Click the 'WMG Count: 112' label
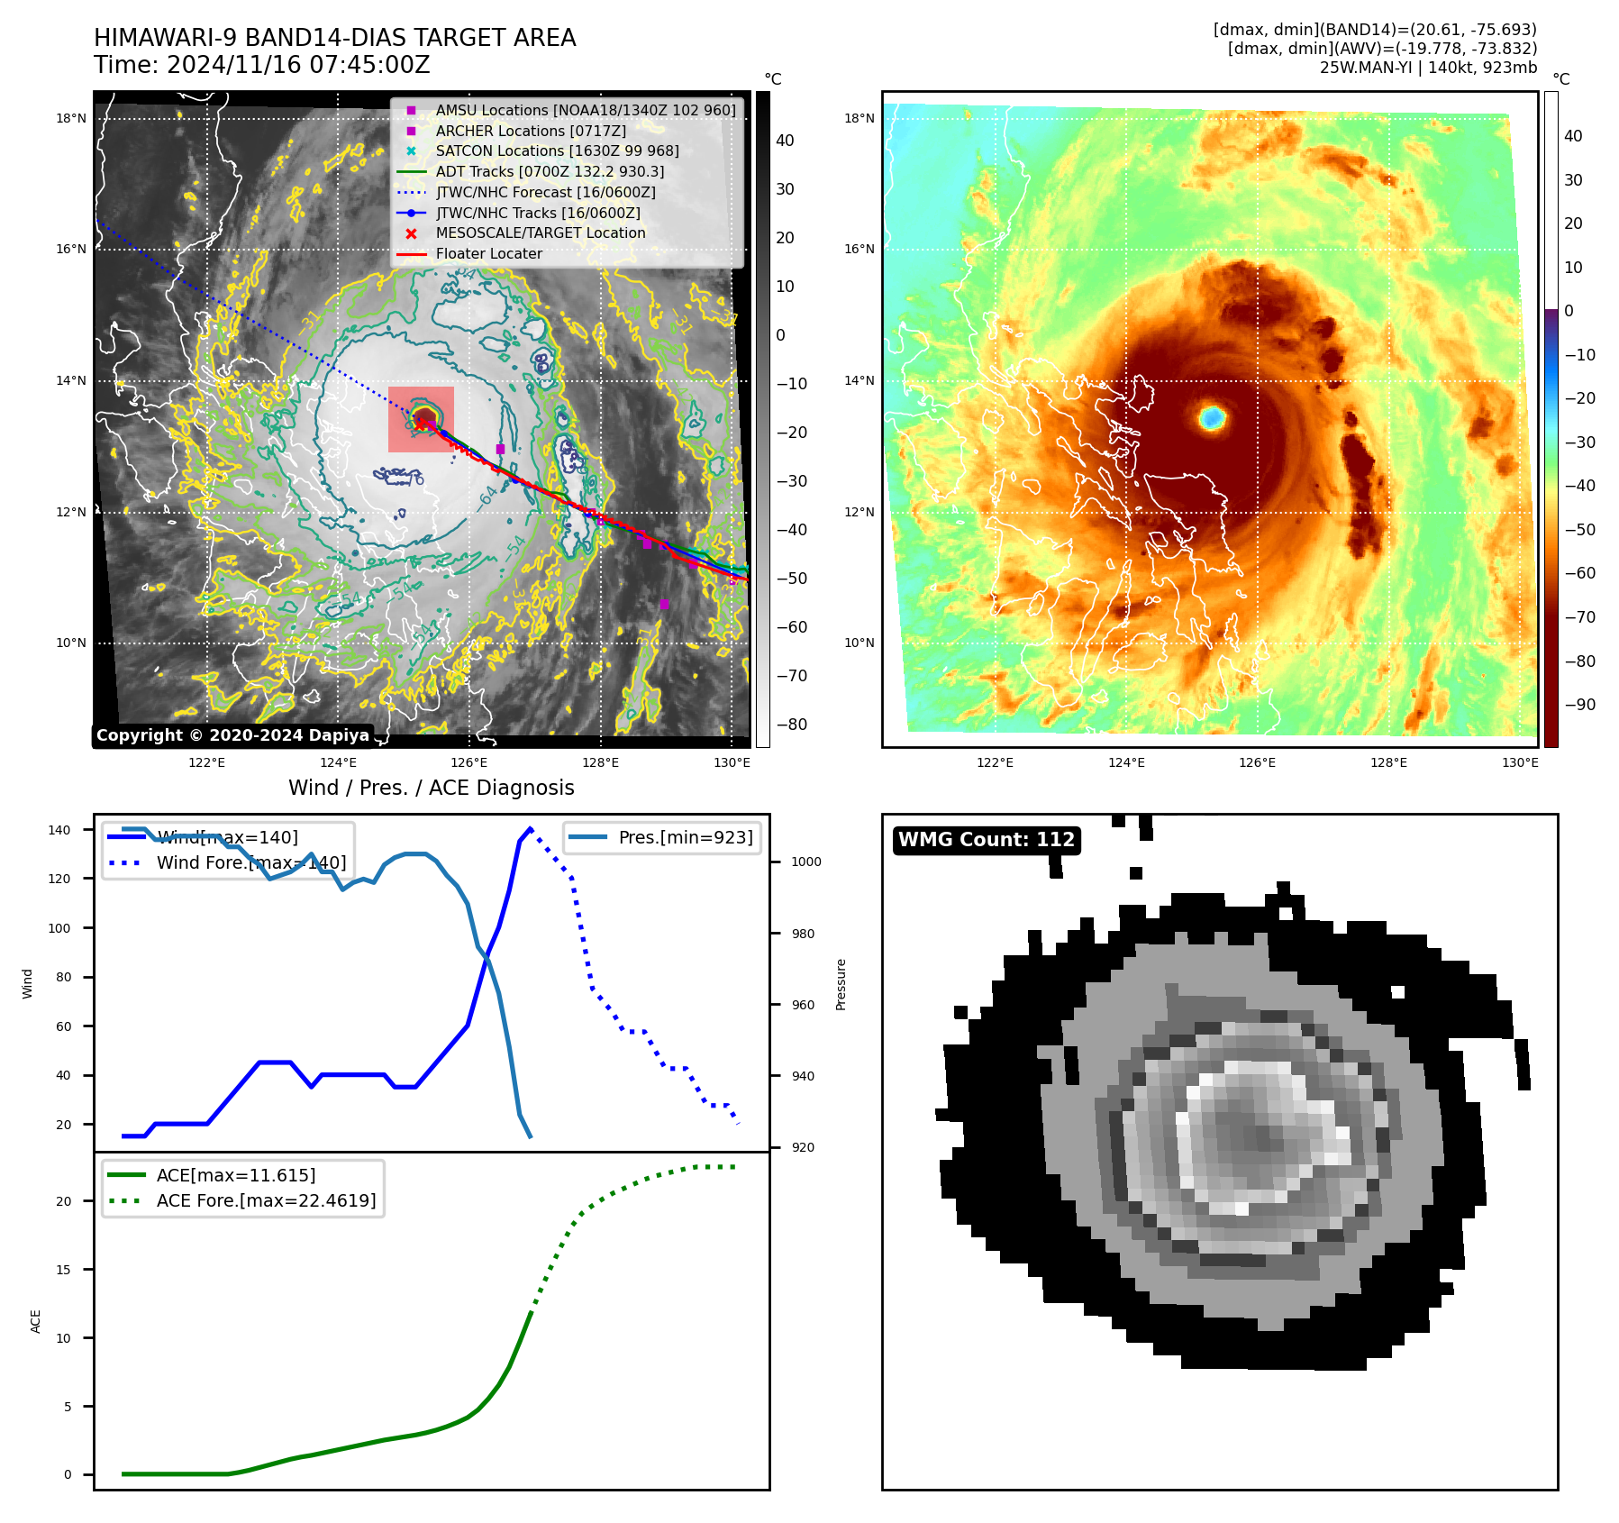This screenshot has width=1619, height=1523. (x=987, y=840)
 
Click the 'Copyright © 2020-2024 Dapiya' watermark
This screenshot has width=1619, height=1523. (x=232, y=735)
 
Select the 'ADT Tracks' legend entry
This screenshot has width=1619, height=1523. (x=550, y=171)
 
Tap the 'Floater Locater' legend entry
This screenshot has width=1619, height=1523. (x=489, y=254)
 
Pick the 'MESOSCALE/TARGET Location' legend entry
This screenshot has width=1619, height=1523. (x=541, y=233)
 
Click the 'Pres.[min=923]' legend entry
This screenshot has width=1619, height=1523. (x=685, y=837)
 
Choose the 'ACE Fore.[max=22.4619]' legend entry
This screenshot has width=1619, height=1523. (x=266, y=1200)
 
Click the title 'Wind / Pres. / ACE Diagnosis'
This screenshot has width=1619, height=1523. (x=431, y=788)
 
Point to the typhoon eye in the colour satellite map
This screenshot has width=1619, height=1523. (x=1213, y=417)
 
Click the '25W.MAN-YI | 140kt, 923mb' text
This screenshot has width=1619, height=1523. (x=1428, y=68)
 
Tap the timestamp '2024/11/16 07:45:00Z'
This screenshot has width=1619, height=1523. (x=298, y=66)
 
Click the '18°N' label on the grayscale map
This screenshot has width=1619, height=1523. (x=71, y=118)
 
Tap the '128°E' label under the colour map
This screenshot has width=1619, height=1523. (x=1388, y=762)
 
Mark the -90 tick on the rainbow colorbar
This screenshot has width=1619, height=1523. (x=1579, y=705)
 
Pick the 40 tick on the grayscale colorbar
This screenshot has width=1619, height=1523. (x=785, y=141)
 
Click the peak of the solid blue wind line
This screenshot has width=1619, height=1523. (x=530, y=828)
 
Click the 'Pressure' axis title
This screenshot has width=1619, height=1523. (x=841, y=984)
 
